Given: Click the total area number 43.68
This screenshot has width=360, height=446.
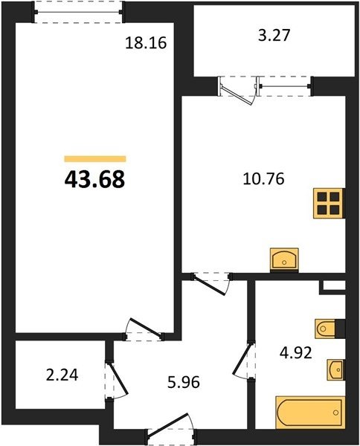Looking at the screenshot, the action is point(94,179).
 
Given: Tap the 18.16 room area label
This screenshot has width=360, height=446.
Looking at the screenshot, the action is point(146,43).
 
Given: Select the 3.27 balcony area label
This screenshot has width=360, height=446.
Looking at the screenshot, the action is point(274,36).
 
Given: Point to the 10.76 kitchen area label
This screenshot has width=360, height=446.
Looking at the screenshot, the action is point(264,179).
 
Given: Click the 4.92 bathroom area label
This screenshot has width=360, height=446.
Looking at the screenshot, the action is point(296,353).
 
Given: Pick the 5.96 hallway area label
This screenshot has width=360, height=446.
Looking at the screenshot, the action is point(184,382).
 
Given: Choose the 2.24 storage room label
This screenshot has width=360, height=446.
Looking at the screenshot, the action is point(62,375).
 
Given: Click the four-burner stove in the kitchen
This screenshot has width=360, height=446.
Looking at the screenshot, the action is point(329,204).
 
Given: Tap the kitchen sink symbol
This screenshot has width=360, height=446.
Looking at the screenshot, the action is point(284,260).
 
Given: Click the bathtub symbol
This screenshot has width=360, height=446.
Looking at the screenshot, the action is point(310,412).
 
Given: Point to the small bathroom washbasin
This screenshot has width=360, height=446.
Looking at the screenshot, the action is point(335,369).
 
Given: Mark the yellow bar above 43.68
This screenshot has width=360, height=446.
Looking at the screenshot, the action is point(95,159).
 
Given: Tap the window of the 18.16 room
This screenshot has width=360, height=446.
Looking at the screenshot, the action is point(78,12).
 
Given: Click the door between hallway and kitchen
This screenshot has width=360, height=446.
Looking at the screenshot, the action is point(210,285).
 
